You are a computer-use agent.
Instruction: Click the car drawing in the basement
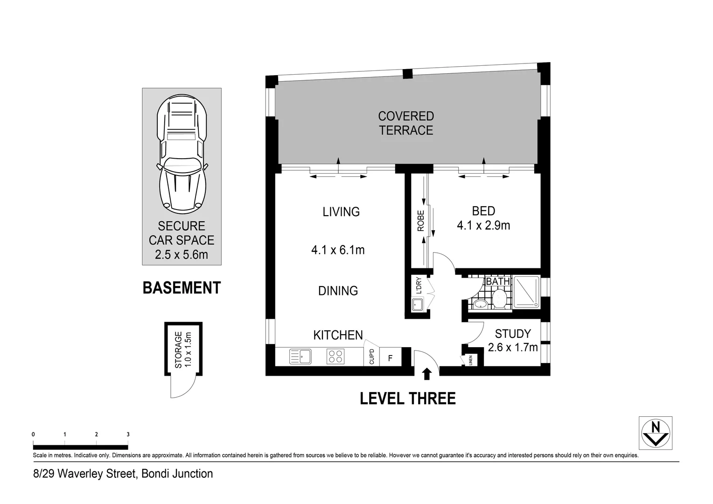pyautogui.click(x=182, y=154)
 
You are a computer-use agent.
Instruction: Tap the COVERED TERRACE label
pyautogui.click(x=406, y=123)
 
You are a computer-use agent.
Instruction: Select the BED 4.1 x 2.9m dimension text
pyautogui.click(x=483, y=225)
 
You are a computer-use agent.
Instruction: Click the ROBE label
pyautogui.click(x=421, y=221)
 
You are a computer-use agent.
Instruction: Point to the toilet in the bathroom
pyautogui.click(x=499, y=299)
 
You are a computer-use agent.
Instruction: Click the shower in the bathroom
pyautogui.click(x=526, y=292)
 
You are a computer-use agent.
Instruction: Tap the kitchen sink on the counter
pyautogui.click(x=300, y=356)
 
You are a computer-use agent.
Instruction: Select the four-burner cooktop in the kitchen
pyautogui.click(x=336, y=356)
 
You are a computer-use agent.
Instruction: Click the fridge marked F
pyautogui.click(x=390, y=357)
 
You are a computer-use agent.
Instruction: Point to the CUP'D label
pyautogui.click(x=371, y=357)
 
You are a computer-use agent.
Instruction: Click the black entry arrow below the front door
pyautogui.click(x=426, y=374)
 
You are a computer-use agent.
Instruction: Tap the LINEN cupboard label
pyautogui.click(x=471, y=360)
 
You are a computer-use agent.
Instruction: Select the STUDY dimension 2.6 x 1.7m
pyautogui.click(x=513, y=347)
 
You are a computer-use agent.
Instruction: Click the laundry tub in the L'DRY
pyautogui.click(x=417, y=304)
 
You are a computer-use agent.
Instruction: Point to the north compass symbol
pyautogui.click(x=656, y=433)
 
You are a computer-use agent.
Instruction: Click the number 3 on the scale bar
pyautogui.click(x=128, y=434)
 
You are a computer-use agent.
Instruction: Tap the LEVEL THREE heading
pyautogui.click(x=407, y=399)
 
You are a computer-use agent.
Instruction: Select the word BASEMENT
pyautogui.click(x=182, y=288)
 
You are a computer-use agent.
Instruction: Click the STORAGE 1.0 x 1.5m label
pyautogui.click(x=183, y=350)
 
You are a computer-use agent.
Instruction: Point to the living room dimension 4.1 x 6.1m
pyautogui.click(x=338, y=250)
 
